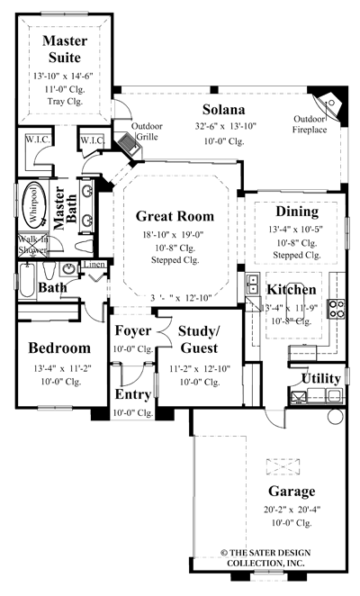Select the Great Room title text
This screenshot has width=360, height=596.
point(175,216)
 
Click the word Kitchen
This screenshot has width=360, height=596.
point(291,289)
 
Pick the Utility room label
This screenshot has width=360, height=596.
point(320,377)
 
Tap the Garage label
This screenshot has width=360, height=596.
point(291,492)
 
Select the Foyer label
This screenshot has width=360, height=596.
point(131,330)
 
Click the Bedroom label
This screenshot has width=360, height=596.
point(58,348)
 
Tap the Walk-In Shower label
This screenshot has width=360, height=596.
point(33,246)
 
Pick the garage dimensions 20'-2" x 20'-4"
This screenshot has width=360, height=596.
point(291,509)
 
